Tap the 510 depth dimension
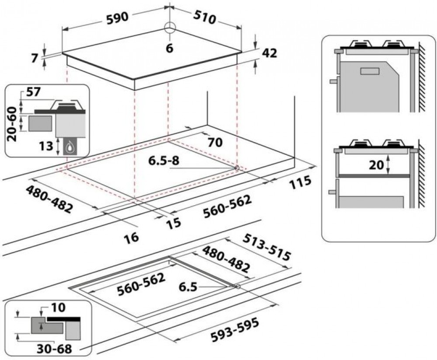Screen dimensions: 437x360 [205, 17]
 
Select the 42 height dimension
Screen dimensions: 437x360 [270, 53]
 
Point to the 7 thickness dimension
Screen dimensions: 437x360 [35, 58]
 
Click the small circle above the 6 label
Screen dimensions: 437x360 [170, 28]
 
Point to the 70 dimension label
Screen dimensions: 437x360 [215, 142]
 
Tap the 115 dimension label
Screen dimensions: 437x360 [300, 182]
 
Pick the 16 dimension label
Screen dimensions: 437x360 [131, 238]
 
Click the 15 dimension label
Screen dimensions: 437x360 [173, 223]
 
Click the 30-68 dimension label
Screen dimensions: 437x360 [54, 349]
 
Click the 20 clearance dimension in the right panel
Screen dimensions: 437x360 [376, 165]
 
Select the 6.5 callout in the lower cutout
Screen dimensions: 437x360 [188, 287]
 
